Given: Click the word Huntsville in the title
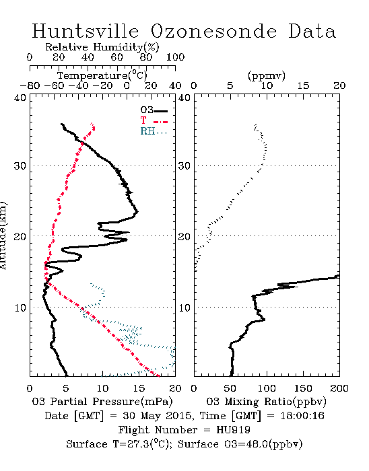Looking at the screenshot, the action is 86,31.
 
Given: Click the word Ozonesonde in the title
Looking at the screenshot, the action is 213,31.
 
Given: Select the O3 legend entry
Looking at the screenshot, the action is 154,110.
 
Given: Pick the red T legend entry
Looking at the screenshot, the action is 154,120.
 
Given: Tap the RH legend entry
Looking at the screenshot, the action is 154,131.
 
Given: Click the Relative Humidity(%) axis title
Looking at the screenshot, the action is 102,47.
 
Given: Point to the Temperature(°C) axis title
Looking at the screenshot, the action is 102,75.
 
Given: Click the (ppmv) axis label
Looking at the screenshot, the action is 267,75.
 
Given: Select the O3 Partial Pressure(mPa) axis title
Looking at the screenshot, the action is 102,402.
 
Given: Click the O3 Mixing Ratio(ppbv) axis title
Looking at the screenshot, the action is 266,402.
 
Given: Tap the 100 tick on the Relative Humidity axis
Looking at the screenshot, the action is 175,57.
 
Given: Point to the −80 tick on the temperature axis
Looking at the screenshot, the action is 30,85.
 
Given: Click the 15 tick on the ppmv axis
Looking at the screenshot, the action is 303,85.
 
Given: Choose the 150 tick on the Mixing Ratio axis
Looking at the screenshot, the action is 303,388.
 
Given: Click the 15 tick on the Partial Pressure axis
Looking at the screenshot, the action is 139,388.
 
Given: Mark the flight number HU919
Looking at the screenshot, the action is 233,430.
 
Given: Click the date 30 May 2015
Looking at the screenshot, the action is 157,416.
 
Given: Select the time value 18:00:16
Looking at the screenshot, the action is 302,416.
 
